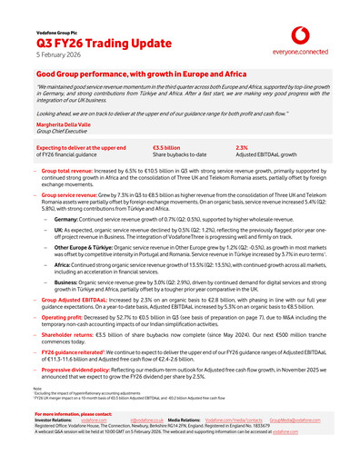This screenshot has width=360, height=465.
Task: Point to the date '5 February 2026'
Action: (x=57, y=55)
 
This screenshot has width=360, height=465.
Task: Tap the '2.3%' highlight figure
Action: (x=242, y=147)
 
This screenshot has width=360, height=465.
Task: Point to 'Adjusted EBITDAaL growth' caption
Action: (x=265, y=154)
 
